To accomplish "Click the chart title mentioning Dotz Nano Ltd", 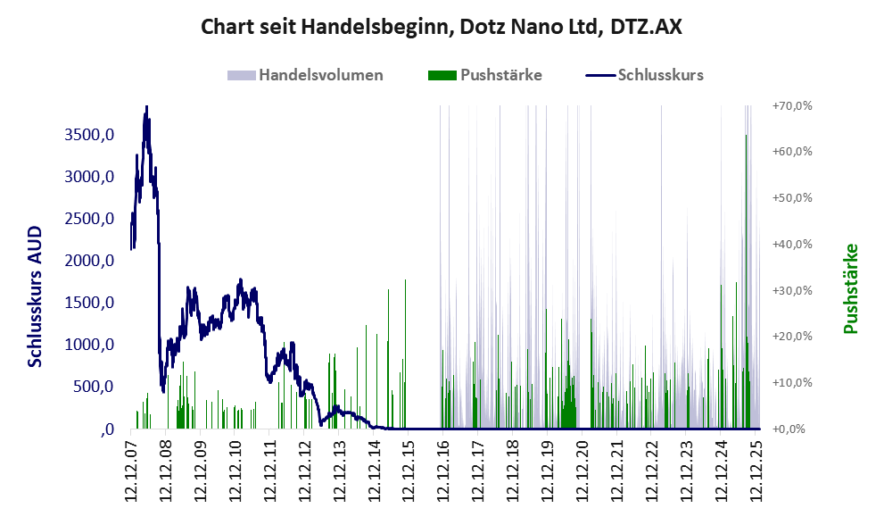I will point(442,27).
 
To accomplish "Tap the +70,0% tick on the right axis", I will point(792,105).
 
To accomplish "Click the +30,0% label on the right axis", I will point(792,290).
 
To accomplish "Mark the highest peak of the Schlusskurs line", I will point(146,107).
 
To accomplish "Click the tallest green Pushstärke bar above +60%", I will point(746,136).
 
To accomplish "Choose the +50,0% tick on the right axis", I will point(792,197).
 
